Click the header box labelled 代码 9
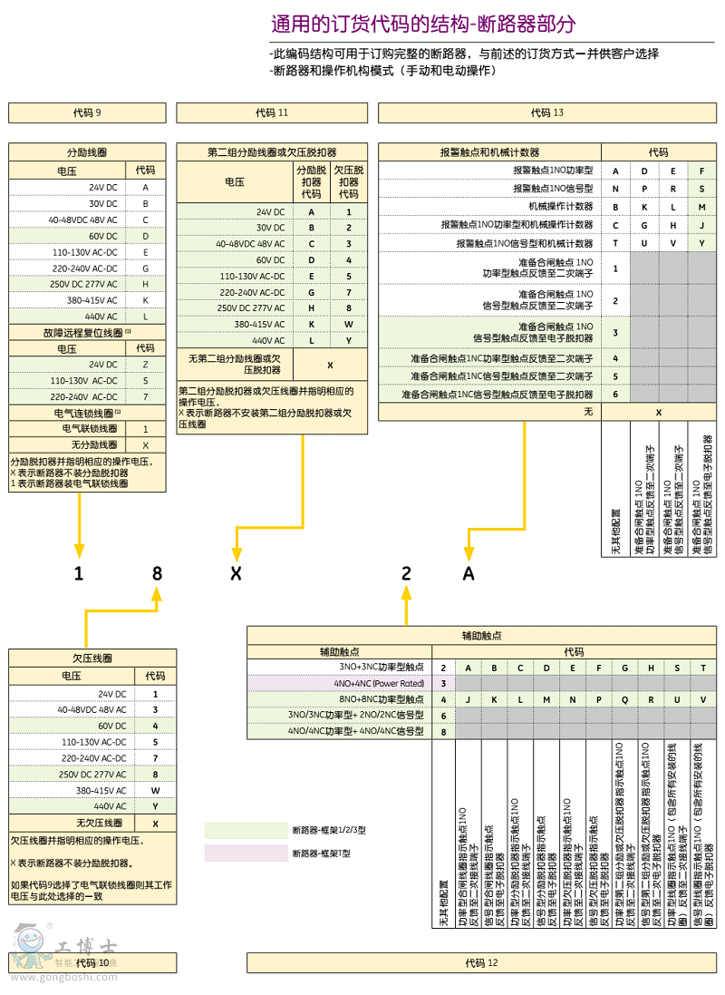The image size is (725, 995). (x=87, y=112)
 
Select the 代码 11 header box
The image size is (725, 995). (x=272, y=112)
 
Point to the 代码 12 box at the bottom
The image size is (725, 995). (x=481, y=962)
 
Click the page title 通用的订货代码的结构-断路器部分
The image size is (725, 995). (x=423, y=23)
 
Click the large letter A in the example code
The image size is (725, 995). (x=469, y=573)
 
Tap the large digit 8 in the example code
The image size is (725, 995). (x=157, y=573)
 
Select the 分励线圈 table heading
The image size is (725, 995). (x=87, y=152)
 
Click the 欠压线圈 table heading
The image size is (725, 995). (x=87, y=658)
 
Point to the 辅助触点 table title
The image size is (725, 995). (x=481, y=636)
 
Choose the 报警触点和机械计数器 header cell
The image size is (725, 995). (x=489, y=153)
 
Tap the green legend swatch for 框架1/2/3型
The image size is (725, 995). (x=245, y=830)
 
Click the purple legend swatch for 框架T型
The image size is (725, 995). (x=245, y=853)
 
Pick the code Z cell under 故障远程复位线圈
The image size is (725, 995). (x=145, y=364)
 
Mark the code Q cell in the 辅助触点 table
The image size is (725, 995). (x=625, y=699)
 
